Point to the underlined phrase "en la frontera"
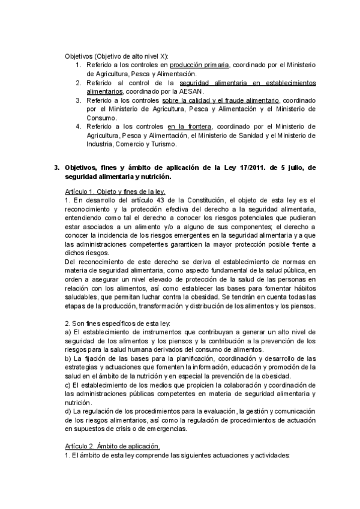(x=188, y=127)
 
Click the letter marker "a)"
(x=68, y=332)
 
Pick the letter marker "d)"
(x=68, y=412)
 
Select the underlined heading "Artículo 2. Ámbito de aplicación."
(x=112, y=447)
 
